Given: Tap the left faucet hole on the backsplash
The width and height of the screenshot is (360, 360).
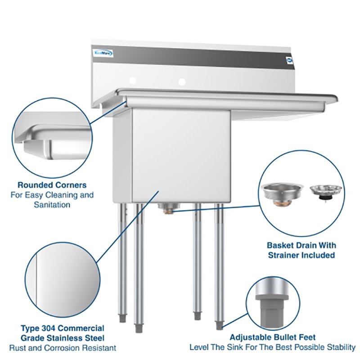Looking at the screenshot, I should pyautogui.click(x=132, y=81).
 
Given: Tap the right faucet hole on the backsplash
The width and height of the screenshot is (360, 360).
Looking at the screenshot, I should pyautogui.click(x=182, y=82).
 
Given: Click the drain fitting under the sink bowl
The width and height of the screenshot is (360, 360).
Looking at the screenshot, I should pyautogui.click(x=166, y=207).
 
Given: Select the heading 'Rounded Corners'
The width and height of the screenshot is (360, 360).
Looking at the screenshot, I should pyautogui.click(x=52, y=185).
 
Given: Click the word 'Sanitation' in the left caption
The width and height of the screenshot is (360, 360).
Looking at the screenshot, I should pyautogui.click(x=52, y=205).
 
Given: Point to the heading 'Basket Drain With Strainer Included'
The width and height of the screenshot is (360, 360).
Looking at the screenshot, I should pyautogui.click(x=301, y=250).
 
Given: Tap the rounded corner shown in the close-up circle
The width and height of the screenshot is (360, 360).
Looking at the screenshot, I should pyautogui.click(x=36, y=132).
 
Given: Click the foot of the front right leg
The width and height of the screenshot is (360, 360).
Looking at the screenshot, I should pyautogui.click(x=219, y=325).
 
